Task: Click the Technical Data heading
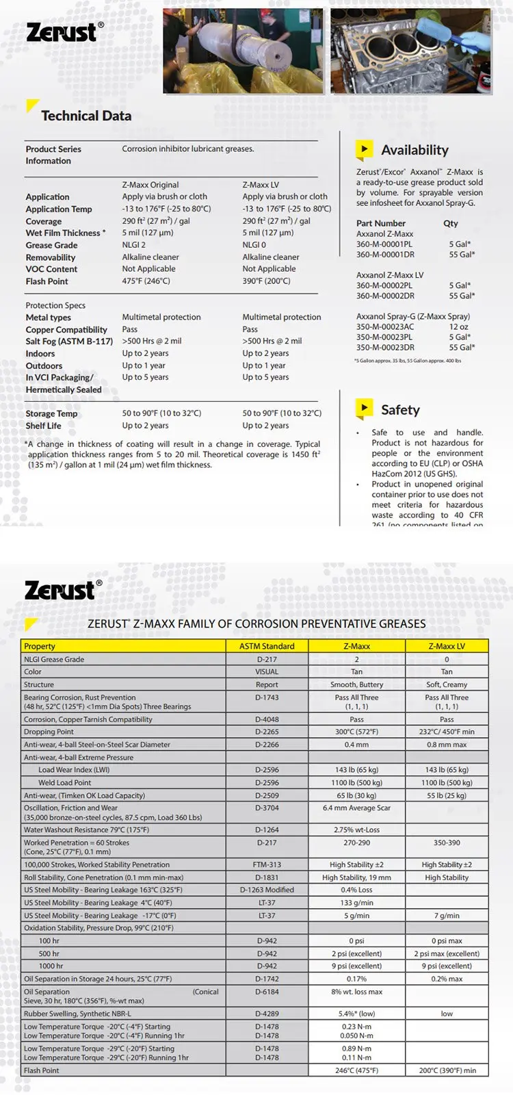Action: tap(86, 116)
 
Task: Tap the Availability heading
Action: tap(415, 150)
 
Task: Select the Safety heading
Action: tap(400, 410)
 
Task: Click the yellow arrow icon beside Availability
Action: tap(364, 149)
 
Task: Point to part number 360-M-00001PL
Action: tap(384, 244)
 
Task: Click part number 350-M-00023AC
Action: tap(385, 327)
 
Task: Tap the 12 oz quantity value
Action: tap(459, 327)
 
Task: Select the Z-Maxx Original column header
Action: tap(150, 185)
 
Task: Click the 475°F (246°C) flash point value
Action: tap(146, 281)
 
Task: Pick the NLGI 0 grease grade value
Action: tap(254, 245)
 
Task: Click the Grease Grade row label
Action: tap(51, 245)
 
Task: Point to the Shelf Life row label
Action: tap(43, 426)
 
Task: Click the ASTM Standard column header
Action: tap(267, 646)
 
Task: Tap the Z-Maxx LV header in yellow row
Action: tap(447, 646)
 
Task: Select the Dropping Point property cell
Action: tap(49, 732)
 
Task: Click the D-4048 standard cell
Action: tap(267, 719)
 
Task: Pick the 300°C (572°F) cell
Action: tap(356, 732)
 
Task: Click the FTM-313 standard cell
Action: tap(267, 864)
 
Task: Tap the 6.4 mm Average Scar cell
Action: tap(356, 808)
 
